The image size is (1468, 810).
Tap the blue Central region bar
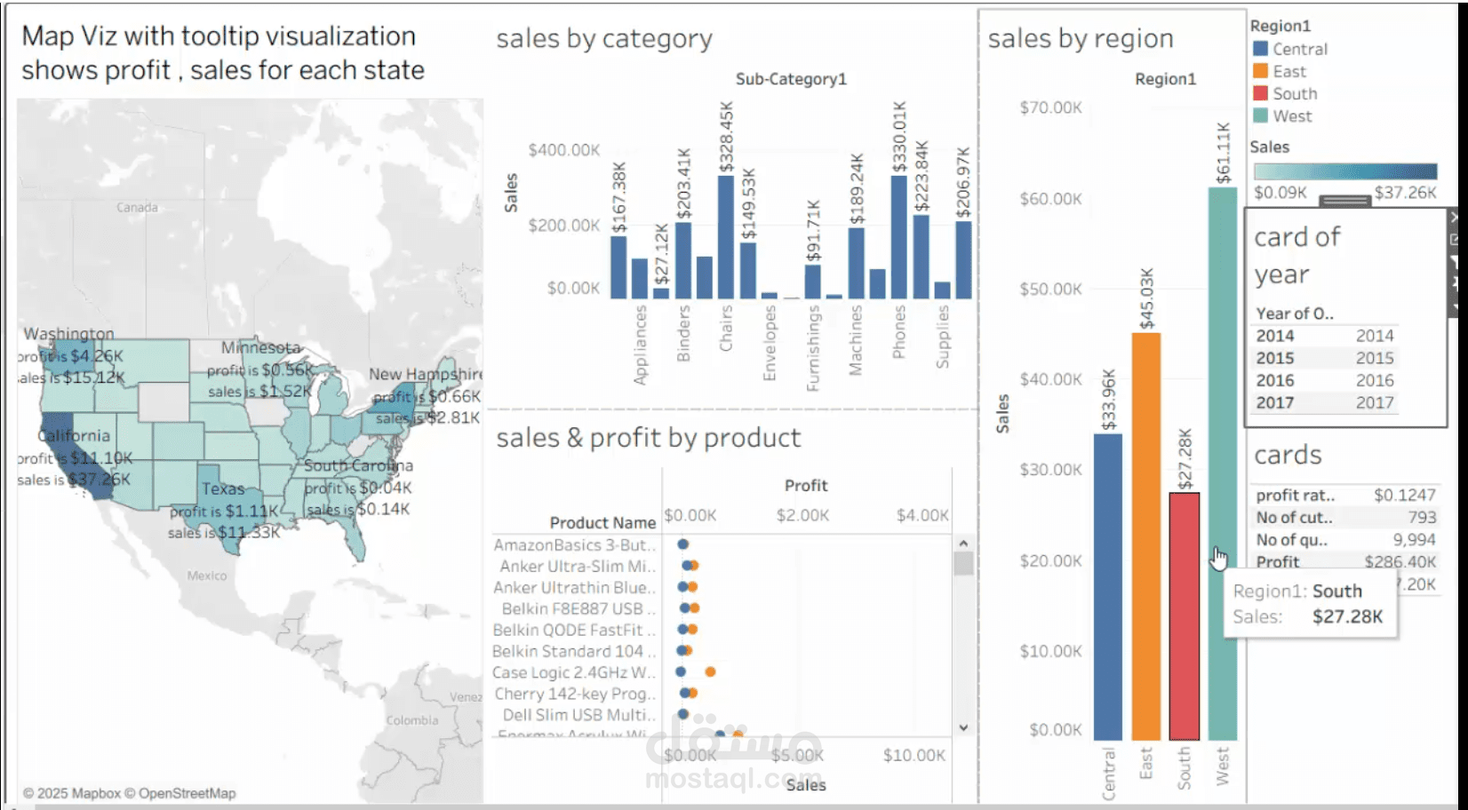pyautogui.click(x=1107, y=586)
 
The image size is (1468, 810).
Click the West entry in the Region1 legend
pyautogui.click(x=1291, y=116)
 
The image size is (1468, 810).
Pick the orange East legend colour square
pyautogui.click(x=1260, y=71)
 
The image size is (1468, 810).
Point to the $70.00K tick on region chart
pyautogui.click(x=1050, y=107)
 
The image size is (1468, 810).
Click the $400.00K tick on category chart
pyautogui.click(x=563, y=150)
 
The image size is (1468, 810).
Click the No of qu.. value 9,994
pyautogui.click(x=1414, y=540)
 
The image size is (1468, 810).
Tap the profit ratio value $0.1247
pyautogui.click(x=1404, y=495)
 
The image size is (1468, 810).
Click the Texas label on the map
pyautogui.click(x=222, y=488)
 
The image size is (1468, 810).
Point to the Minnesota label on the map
pyautogui.click(x=260, y=347)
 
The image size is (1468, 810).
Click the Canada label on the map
pyautogui.click(x=137, y=207)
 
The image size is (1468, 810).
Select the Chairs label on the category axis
pyautogui.click(x=726, y=328)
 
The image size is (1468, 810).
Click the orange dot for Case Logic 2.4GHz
pyautogui.click(x=710, y=672)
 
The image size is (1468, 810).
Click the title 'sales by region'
pyautogui.click(x=1080, y=38)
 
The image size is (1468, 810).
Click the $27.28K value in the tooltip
pyautogui.click(x=1347, y=616)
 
